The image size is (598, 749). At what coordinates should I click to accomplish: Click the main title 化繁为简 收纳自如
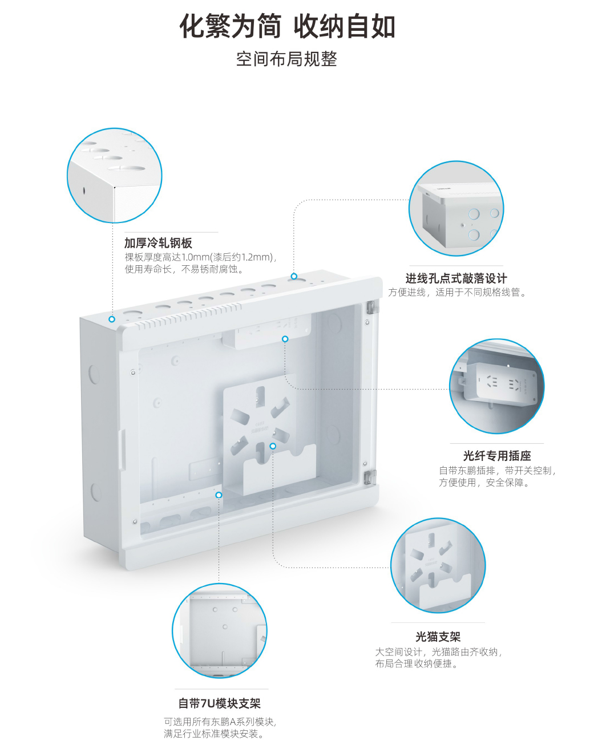[288, 26]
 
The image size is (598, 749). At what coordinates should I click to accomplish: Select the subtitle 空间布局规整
[286, 59]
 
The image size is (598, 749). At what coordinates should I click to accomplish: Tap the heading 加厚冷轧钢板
[158, 242]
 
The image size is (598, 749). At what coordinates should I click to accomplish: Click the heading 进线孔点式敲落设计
[456, 278]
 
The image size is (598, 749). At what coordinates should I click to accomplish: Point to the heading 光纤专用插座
[496, 456]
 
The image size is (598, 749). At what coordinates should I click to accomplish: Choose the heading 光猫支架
[438, 637]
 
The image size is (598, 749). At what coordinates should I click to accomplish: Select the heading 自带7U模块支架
[220, 703]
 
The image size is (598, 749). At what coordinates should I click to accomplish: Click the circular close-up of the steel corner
[115, 175]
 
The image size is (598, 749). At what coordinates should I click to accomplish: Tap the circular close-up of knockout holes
[456, 208]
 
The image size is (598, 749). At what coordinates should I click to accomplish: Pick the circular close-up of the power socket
[496, 386]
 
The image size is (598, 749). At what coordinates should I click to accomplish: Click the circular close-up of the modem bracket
[438, 565]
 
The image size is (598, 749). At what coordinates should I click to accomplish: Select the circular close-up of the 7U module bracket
[220, 631]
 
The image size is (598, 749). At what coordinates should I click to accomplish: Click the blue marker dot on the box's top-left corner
[112, 319]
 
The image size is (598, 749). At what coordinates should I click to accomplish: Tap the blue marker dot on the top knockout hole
[294, 276]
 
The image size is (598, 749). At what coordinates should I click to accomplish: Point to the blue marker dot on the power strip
[285, 339]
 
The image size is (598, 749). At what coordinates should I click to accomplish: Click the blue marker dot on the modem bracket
[273, 446]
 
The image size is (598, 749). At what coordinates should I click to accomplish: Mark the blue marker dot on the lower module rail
[219, 495]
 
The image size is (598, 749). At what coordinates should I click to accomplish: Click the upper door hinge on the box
[370, 307]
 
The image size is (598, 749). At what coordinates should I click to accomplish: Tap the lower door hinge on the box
[370, 477]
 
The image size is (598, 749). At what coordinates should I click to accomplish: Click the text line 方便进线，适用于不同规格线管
[458, 293]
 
